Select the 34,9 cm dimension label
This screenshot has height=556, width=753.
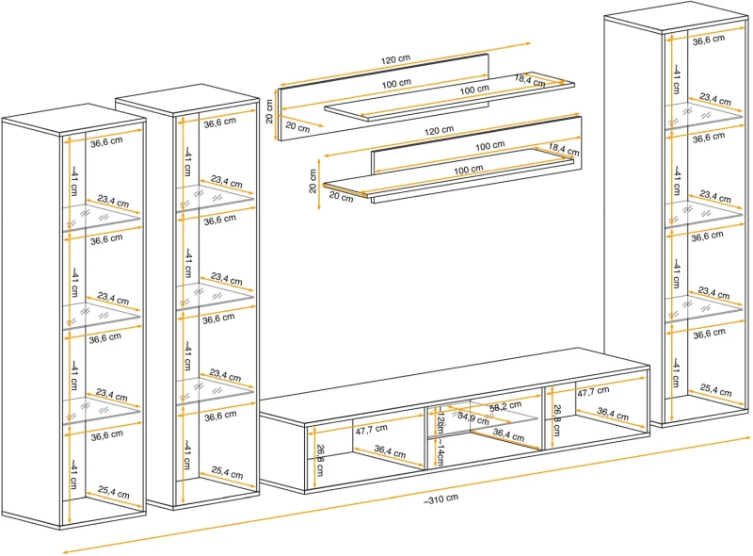pyautogui.click(x=473, y=417)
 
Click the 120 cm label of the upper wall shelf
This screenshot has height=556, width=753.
pyautogui.click(x=396, y=59)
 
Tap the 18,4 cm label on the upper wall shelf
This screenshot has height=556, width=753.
pyautogui.click(x=530, y=81)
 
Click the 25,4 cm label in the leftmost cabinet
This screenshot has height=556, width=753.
pyautogui.click(x=113, y=491)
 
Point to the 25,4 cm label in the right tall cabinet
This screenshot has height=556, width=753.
pyautogui.click(x=715, y=388)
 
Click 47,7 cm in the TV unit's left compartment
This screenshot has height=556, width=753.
pyautogui.click(x=372, y=431)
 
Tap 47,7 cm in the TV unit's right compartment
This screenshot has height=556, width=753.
pyautogui.click(x=592, y=390)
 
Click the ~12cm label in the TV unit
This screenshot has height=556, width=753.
pyautogui.click(x=440, y=418)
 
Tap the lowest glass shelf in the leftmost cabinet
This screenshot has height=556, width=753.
pyautogui.click(x=104, y=411)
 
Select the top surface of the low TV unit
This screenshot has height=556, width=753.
pyautogui.click(x=452, y=382)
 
